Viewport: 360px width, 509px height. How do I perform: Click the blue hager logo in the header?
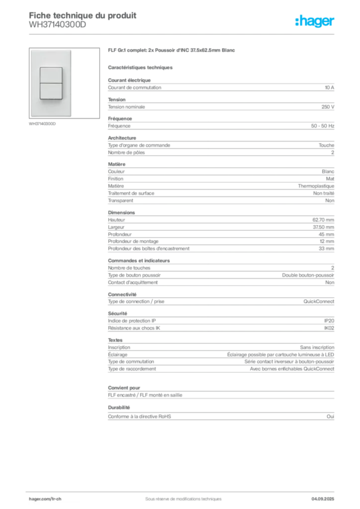(x=316, y=22)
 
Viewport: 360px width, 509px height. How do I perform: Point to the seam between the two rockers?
(x=51, y=83)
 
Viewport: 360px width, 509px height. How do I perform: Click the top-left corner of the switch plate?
(x=31, y=50)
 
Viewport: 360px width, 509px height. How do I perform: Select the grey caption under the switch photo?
(x=43, y=124)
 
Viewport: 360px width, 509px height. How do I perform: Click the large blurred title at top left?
(x=82, y=14)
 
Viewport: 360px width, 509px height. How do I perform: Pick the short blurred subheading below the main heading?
(x=141, y=66)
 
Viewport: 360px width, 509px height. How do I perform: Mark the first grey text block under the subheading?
(x=221, y=87)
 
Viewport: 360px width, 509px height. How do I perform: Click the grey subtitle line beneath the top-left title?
(x=57, y=28)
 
